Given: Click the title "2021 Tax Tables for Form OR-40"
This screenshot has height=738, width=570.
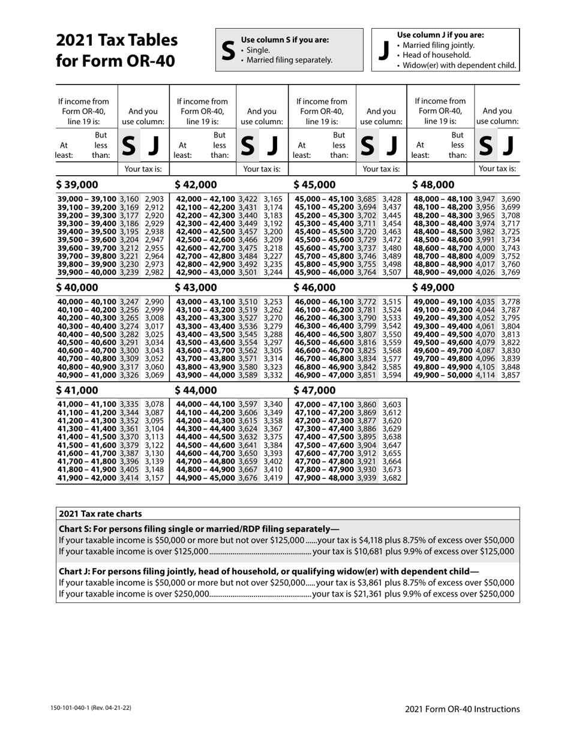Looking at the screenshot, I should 116,50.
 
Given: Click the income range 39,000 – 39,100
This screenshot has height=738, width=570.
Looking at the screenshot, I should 87,199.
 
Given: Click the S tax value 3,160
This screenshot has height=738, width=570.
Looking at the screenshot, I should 129,199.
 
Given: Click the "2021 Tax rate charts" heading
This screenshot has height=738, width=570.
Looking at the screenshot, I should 100,514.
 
